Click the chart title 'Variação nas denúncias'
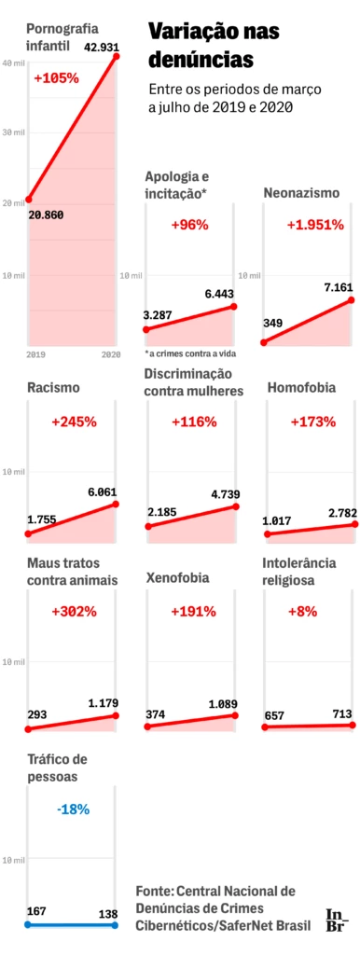pos(214,46)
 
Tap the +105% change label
pos(56,78)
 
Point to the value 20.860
pos(48,214)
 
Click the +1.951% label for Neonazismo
pos(315,225)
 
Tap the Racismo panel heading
pos(53,387)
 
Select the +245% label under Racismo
pos(75,422)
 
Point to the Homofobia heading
pos(301,387)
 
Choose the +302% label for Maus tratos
pos(75,612)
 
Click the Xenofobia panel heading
pos(177,578)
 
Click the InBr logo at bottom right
pos(336,919)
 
